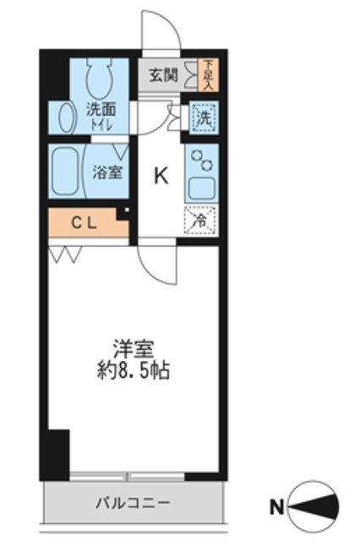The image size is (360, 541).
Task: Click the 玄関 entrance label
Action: (x=163, y=74)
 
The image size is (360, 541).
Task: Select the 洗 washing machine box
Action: (x=203, y=117)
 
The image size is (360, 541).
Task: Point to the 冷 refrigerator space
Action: (x=202, y=220)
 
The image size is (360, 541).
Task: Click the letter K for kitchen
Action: (x=160, y=176)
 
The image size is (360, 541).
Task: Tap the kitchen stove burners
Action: (x=201, y=159)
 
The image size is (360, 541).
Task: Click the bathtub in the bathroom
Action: (x=65, y=171)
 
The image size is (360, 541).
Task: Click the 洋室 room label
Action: (x=132, y=348)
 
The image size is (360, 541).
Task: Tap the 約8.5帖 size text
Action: (x=132, y=370)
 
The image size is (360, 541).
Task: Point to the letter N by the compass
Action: (x=275, y=507)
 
